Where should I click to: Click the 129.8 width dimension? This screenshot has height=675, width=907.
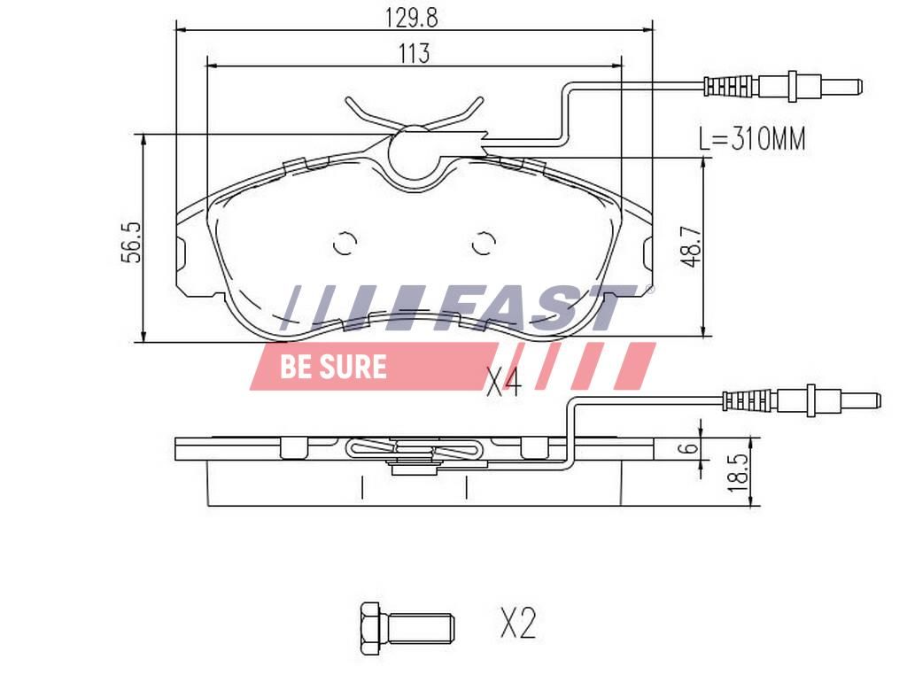[x=411, y=18]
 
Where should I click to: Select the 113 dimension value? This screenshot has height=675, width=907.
[x=414, y=53]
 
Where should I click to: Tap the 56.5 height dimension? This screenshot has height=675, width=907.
[x=131, y=242]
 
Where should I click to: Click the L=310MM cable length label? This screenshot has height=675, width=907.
[x=752, y=139]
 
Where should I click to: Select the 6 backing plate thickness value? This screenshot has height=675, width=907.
[x=689, y=448]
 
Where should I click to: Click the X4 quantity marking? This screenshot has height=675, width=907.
[x=504, y=383]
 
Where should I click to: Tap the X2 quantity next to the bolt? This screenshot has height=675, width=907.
[x=518, y=623]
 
